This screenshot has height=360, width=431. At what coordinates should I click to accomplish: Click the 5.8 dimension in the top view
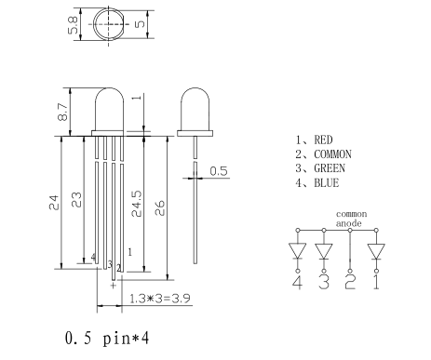tap(73, 25)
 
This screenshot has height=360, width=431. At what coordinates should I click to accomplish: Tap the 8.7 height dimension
tap(62, 112)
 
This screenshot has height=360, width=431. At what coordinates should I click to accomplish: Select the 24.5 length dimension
tap(137, 204)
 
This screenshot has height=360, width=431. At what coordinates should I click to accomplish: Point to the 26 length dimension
tap(159, 207)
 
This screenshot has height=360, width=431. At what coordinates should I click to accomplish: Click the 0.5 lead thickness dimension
tap(219, 171)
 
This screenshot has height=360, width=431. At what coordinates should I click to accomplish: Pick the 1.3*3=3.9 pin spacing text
tap(159, 299)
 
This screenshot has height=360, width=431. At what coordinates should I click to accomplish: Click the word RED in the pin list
tap(323, 140)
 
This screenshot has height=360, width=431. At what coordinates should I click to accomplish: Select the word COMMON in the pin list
tap(333, 154)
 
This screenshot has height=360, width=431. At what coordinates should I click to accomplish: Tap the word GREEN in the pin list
tap(330, 168)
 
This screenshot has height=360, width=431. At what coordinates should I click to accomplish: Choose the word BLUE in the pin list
tap(327, 182)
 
